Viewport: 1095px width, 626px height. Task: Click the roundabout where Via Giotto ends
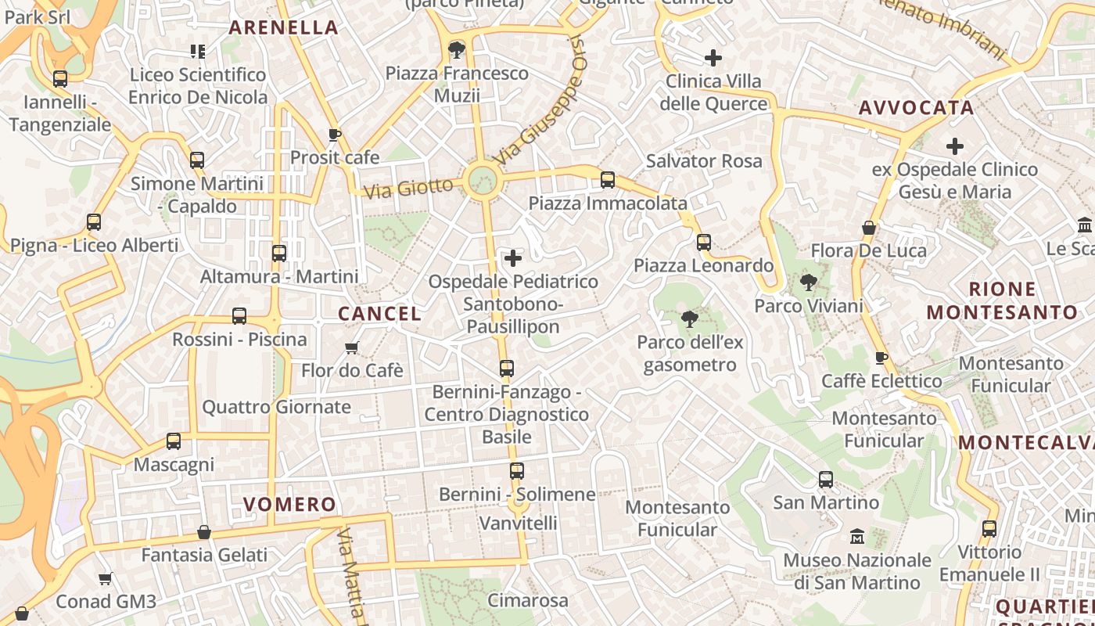[x=483, y=181]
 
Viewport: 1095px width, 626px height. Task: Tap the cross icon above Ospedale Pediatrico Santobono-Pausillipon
[x=513, y=257]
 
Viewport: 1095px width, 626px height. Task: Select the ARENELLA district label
[x=283, y=27]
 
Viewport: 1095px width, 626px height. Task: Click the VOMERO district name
[x=289, y=505]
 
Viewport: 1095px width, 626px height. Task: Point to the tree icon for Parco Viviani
[x=808, y=282]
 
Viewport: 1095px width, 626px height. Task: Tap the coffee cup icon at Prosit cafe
[x=335, y=135]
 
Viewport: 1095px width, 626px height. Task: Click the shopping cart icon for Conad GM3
[x=106, y=579]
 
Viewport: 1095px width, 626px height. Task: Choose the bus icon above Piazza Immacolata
[x=608, y=180]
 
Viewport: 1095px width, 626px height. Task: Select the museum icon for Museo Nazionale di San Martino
[x=857, y=537]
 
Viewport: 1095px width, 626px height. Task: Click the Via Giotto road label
[x=408, y=188]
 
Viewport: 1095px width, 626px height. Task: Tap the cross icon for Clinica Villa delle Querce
[x=713, y=58]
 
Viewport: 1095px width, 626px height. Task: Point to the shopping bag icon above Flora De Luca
[x=868, y=228]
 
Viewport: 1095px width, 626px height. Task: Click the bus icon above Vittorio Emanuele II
[x=989, y=529]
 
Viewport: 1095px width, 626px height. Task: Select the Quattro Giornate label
[x=277, y=407]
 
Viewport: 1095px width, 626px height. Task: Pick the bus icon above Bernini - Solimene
[x=516, y=471]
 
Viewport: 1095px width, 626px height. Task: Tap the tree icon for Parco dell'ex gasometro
[x=689, y=318]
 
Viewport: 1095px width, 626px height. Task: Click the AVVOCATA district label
[x=916, y=108]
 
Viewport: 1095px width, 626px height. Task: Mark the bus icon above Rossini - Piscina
[x=239, y=316]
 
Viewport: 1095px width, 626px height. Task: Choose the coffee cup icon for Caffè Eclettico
[x=881, y=358]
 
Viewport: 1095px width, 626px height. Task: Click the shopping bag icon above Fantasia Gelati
[x=204, y=532]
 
